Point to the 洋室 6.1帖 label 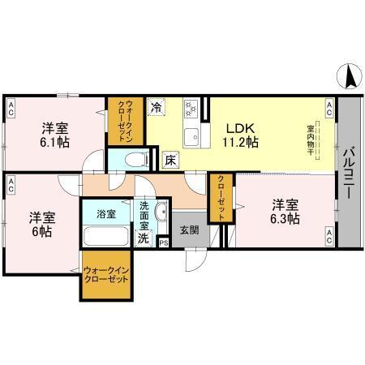tap(55, 135)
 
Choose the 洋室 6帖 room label tap(41, 224)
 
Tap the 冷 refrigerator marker tap(156, 106)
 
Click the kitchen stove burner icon tap(193, 107)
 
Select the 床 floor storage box tap(171, 160)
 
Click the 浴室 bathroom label tap(106, 214)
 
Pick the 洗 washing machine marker tap(144, 238)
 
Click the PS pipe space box tap(164, 243)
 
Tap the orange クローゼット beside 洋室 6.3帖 tap(218, 198)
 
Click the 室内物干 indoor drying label tap(311, 139)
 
